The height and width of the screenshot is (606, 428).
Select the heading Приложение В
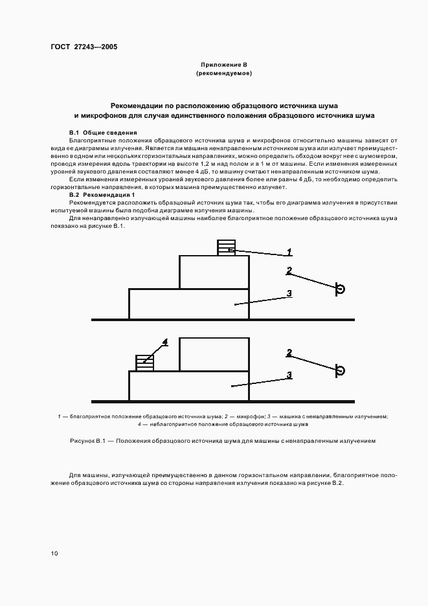[223, 65]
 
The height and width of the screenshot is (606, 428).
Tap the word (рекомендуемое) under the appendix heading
[223, 74]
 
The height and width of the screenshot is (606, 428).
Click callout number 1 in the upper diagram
[289, 252]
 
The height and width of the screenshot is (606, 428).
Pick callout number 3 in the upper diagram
[289, 293]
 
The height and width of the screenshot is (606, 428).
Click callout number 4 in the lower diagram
[165, 341]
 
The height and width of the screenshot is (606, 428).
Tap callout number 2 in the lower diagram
[289, 353]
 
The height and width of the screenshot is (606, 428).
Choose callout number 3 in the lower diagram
[289, 375]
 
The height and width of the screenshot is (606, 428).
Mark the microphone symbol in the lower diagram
[339, 370]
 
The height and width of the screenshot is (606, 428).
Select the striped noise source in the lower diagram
[144, 363]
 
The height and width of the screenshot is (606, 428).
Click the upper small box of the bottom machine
[214, 353]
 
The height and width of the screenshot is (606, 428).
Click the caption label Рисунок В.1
[87, 440]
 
